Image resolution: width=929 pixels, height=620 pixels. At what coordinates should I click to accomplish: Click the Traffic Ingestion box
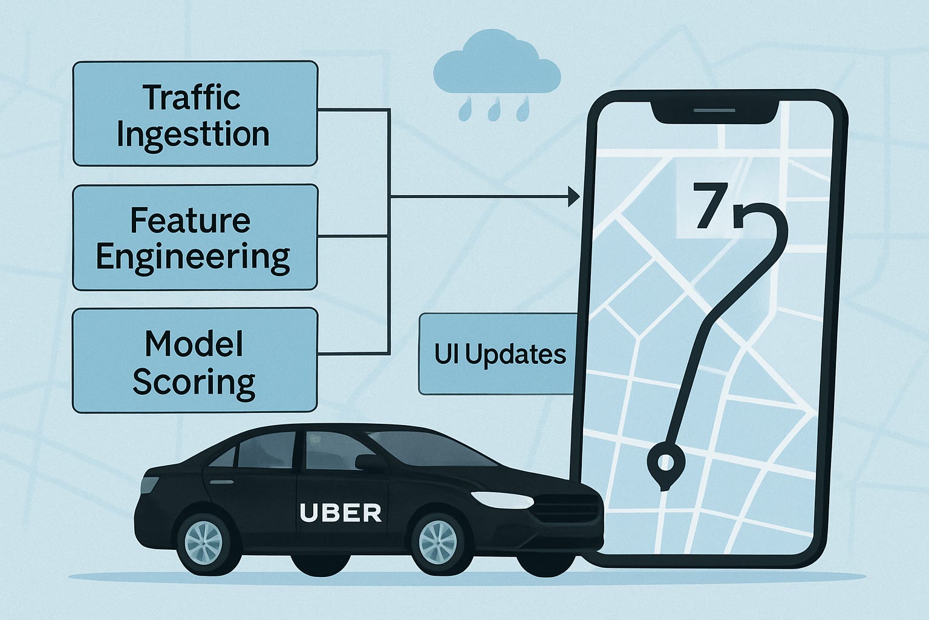click(x=195, y=113)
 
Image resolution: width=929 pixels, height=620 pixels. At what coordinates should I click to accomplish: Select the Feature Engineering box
click(x=195, y=237)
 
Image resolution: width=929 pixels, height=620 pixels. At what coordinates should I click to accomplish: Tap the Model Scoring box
click(x=195, y=360)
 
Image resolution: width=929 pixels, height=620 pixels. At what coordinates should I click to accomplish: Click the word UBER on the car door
click(x=341, y=513)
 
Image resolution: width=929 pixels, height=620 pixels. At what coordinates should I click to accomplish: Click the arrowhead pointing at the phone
click(x=573, y=197)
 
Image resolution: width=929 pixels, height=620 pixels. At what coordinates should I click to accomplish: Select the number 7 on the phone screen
click(x=709, y=206)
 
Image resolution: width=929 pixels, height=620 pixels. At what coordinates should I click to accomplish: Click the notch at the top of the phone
click(x=714, y=111)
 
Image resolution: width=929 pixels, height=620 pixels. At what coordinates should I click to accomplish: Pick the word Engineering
click(x=193, y=257)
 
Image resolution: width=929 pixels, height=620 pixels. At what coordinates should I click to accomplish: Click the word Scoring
click(x=194, y=383)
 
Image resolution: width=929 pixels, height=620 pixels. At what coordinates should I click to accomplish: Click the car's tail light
click(x=149, y=485)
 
